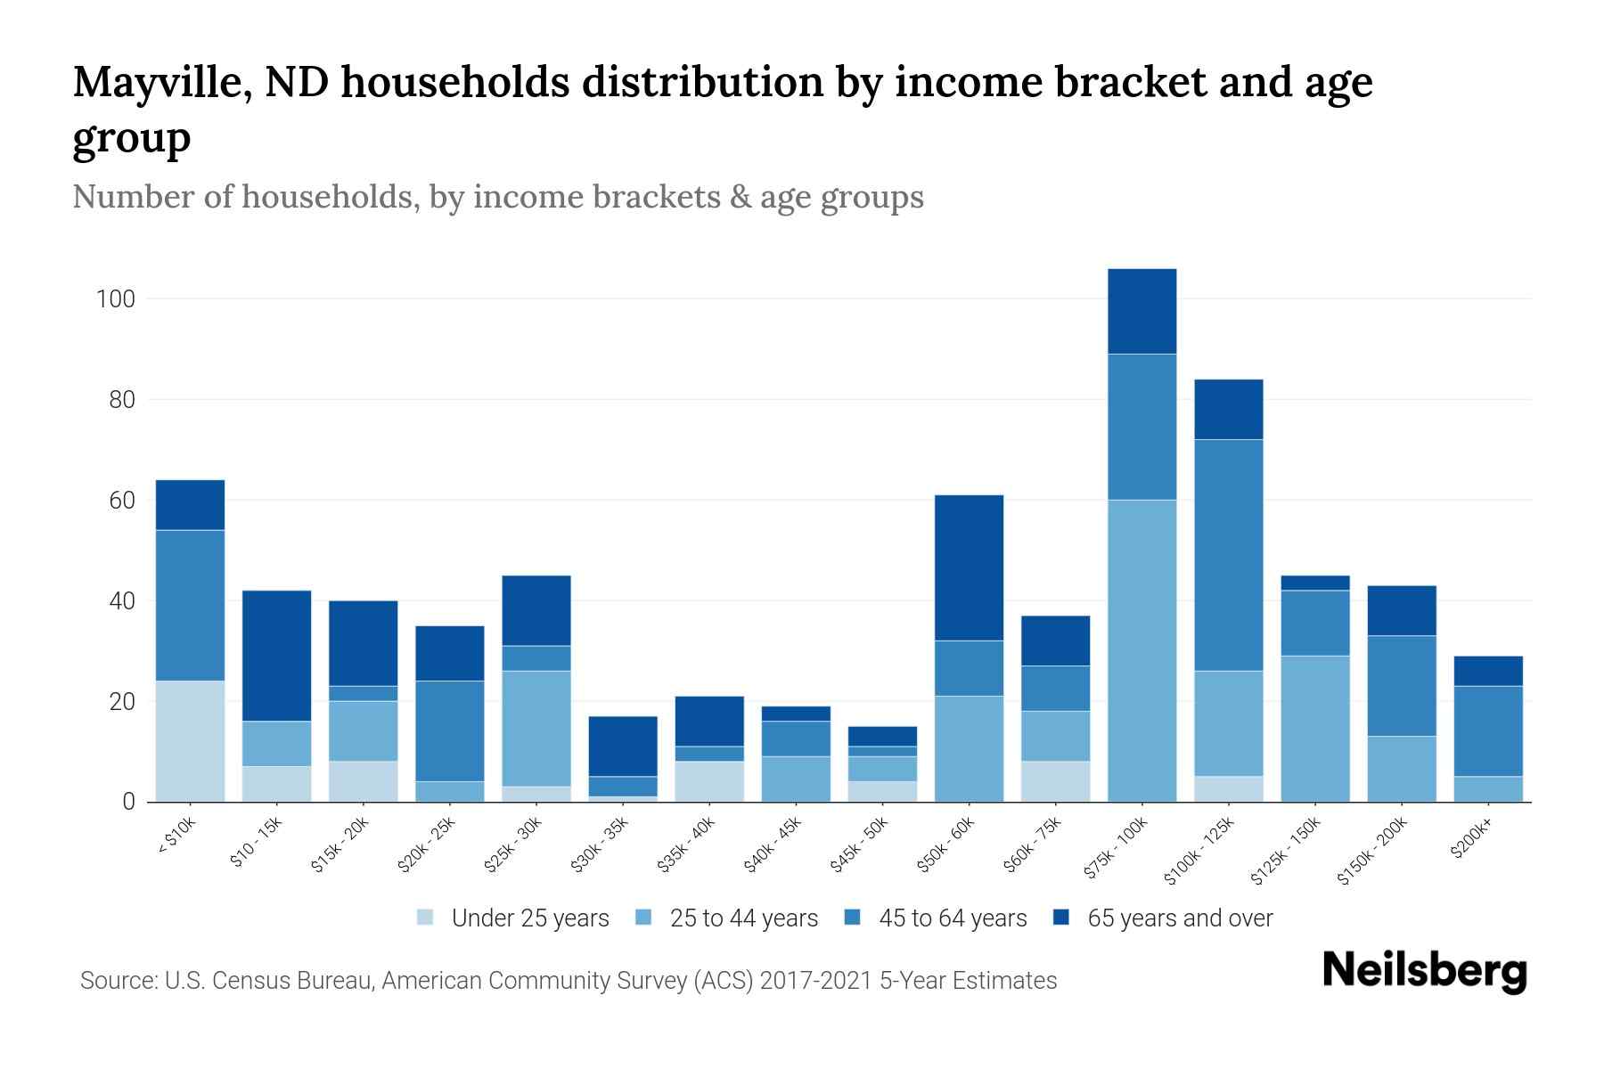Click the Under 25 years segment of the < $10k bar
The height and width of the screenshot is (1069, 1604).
click(190, 741)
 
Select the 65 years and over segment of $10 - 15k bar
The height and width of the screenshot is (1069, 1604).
click(276, 656)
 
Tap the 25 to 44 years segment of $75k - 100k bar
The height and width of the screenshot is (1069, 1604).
click(1142, 650)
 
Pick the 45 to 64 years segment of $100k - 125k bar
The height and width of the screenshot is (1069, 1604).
click(1228, 555)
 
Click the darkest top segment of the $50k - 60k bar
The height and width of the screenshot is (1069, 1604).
click(969, 567)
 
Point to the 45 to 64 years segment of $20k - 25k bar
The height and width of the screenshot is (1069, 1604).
click(449, 730)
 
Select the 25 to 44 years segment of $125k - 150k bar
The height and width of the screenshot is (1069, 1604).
click(1314, 729)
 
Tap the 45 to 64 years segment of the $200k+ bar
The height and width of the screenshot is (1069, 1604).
click(1487, 730)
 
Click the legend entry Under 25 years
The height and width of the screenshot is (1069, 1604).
click(529, 918)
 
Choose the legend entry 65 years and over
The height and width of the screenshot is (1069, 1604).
click(1179, 918)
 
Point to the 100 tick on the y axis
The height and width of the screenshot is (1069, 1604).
click(115, 299)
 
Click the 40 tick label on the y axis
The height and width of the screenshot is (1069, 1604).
click(121, 601)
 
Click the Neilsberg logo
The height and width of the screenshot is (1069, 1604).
click(1424, 971)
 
